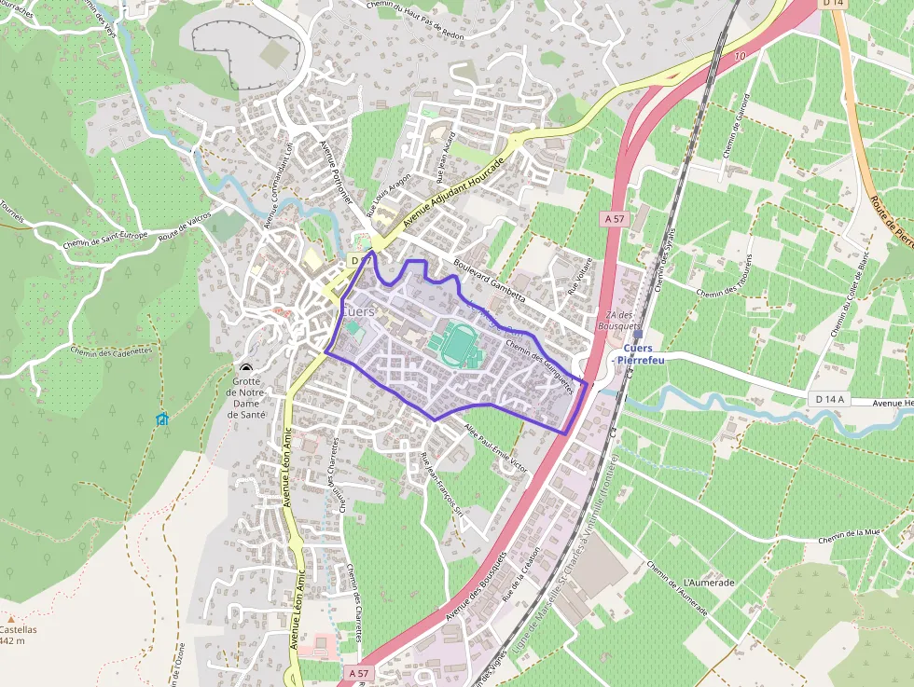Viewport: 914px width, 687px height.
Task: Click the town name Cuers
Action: point(359,311)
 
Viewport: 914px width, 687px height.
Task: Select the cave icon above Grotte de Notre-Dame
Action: point(246,369)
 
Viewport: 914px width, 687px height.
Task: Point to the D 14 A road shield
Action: point(828,400)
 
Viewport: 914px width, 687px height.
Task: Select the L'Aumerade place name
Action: point(710,583)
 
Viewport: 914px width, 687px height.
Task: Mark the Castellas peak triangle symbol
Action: point(11,618)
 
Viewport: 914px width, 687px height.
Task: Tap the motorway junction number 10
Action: point(741,58)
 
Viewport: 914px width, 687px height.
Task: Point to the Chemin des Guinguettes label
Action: point(539,364)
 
